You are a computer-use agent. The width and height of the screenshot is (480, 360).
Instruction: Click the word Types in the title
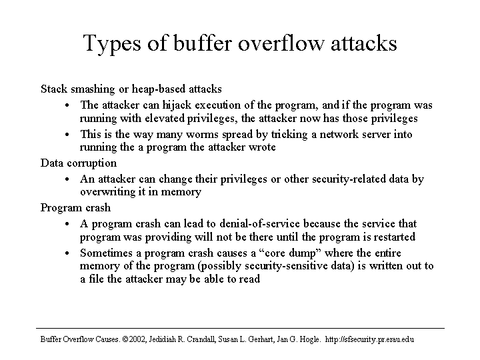[112, 44]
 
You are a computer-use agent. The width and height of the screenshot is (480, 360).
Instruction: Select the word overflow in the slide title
[281, 43]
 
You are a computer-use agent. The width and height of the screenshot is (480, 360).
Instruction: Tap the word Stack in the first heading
[54, 89]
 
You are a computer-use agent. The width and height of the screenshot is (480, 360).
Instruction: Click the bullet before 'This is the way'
[67, 135]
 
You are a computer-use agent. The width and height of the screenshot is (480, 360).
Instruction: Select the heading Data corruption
[79, 163]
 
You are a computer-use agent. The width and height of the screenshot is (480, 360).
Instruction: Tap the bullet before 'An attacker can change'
[67, 179]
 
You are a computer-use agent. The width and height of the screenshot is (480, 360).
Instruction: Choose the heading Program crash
[75, 208]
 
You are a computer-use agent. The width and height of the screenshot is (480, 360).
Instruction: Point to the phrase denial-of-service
[259, 223]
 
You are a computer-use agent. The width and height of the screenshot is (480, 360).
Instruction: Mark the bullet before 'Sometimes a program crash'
[67, 253]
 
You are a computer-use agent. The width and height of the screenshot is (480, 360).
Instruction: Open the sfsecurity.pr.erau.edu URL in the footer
[369, 340]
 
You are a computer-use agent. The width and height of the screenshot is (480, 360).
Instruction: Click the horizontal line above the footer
[240, 329]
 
